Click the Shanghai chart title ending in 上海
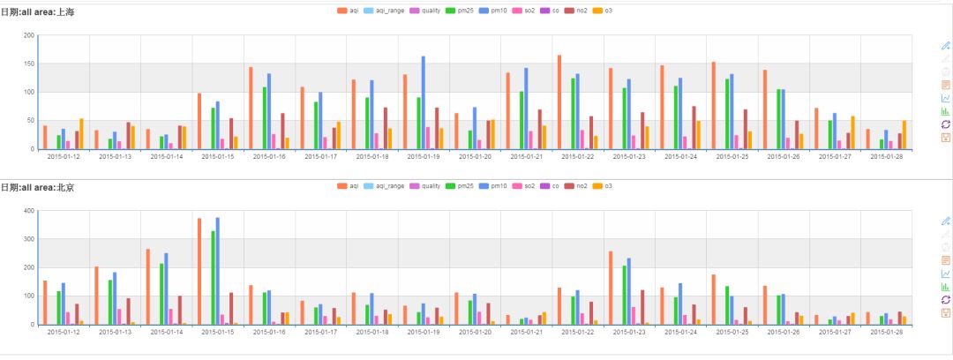[43, 12]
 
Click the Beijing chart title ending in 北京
[43, 187]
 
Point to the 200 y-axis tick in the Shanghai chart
[29, 35]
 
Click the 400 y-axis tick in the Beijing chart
[29, 211]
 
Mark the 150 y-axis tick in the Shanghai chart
[29, 64]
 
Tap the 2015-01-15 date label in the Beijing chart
[217, 333]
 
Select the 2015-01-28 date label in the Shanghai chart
[886, 157]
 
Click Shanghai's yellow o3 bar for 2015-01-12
[81, 133]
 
